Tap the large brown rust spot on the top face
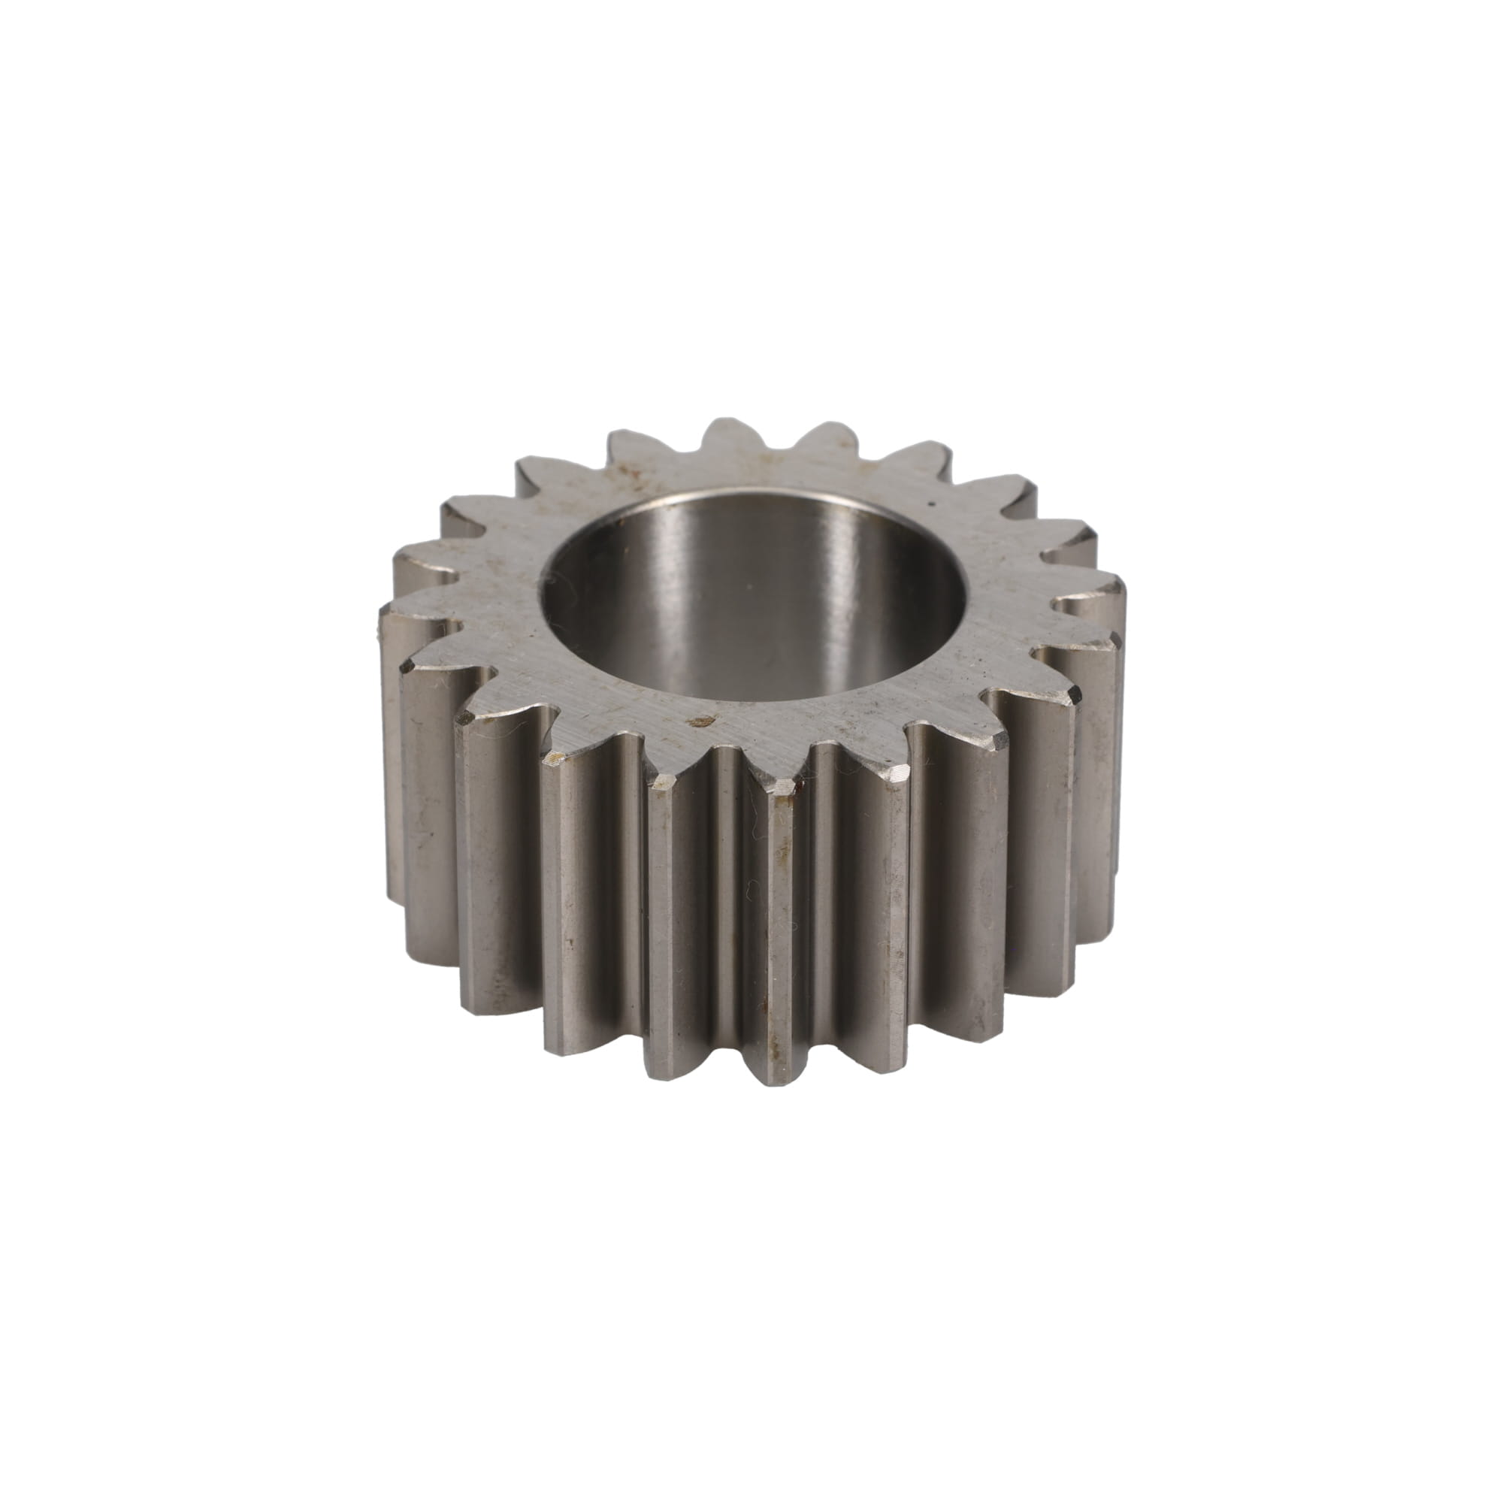[x=704, y=721]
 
